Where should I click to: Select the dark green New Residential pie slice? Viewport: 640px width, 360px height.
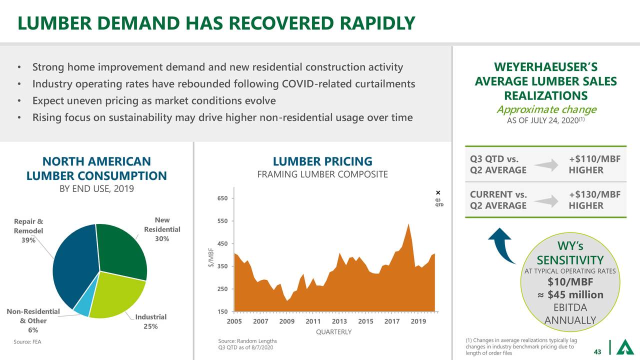[122, 250]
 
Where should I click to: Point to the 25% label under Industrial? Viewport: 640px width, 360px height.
[150, 326]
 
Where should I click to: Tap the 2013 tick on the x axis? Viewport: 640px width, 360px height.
[339, 321]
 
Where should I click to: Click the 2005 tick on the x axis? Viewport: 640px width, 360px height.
[234, 321]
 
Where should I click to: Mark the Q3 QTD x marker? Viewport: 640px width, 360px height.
[437, 193]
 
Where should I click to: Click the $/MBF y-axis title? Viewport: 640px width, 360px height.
[211, 257]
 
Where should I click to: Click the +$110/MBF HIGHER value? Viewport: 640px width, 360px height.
[594, 164]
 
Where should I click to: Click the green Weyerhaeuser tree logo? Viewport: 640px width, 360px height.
[625, 347]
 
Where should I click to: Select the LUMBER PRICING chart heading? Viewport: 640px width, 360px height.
[322, 161]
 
